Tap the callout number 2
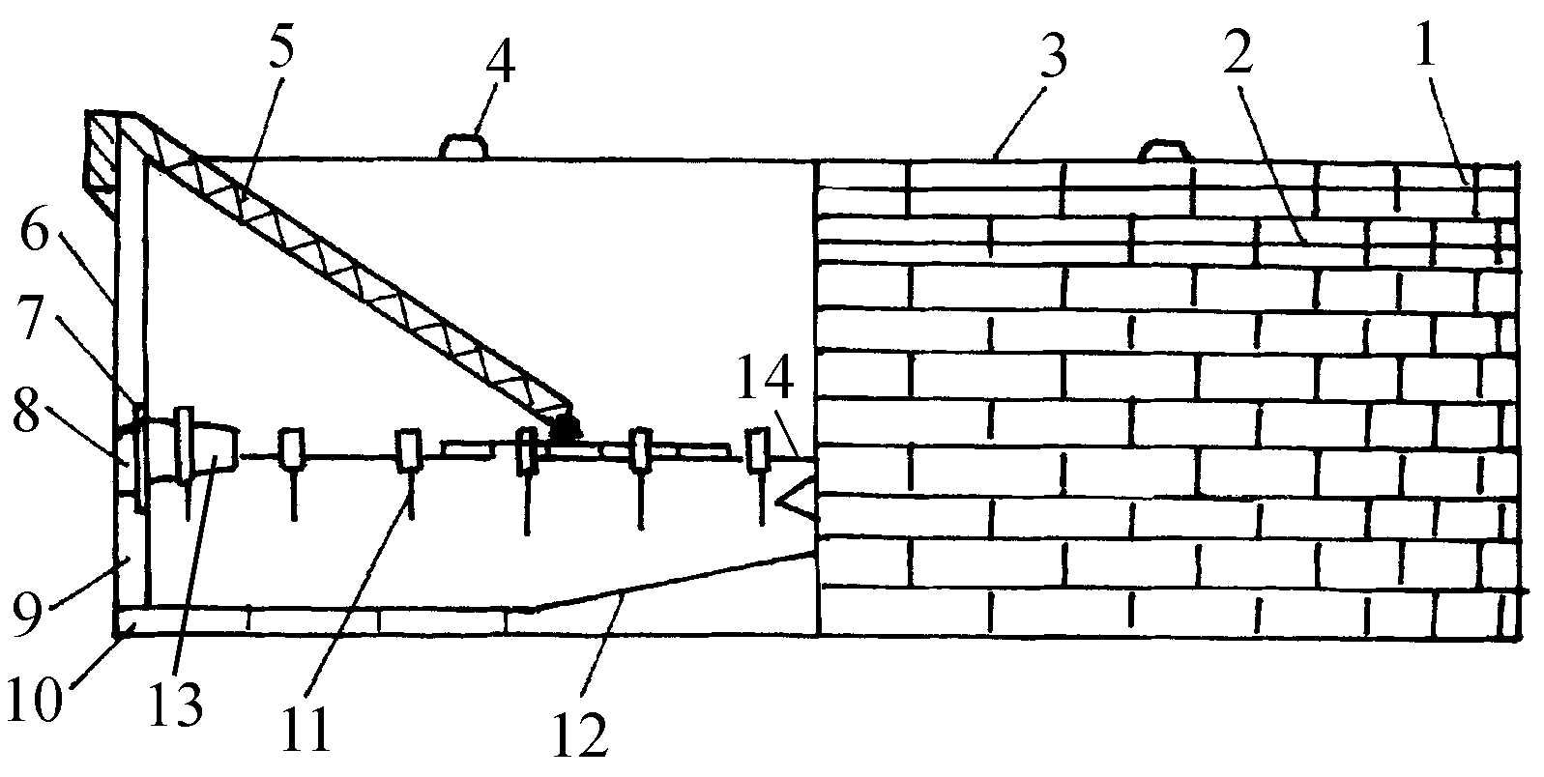click(x=1238, y=58)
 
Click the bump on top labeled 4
click(x=465, y=147)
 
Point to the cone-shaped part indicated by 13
click(x=215, y=449)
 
